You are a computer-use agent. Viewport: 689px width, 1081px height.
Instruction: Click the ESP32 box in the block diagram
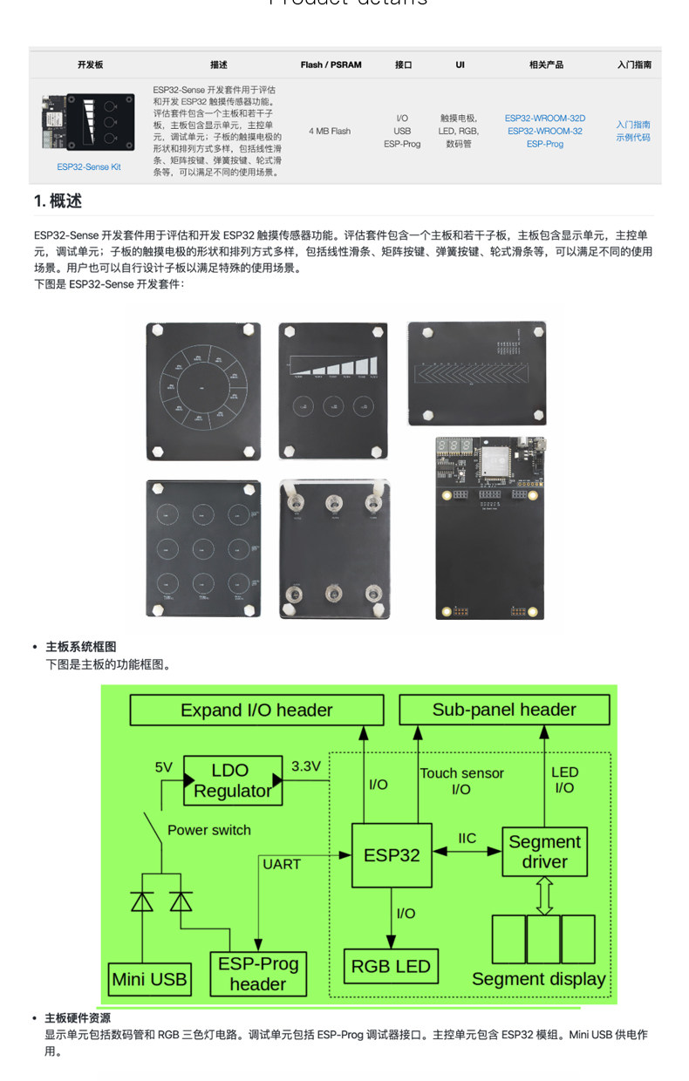[392, 854]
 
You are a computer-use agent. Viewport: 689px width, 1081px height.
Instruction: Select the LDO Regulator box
[231, 780]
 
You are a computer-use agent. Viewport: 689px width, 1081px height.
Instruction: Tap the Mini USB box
[149, 979]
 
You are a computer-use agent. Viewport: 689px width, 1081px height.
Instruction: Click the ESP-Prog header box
[258, 974]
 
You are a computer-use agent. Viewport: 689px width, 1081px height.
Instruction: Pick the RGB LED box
[390, 966]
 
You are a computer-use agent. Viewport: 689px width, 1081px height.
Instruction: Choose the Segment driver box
[544, 852]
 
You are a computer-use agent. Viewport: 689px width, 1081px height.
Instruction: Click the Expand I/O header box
[256, 710]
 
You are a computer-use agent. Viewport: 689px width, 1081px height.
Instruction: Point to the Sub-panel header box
[504, 710]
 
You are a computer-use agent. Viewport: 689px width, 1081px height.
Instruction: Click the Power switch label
[209, 830]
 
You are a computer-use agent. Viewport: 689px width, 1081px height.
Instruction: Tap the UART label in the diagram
[281, 864]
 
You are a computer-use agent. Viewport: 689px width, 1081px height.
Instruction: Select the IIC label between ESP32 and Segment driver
[467, 839]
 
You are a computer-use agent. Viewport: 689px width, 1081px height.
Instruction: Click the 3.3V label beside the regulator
[306, 766]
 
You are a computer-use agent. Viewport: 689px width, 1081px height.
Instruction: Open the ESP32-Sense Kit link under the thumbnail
[89, 167]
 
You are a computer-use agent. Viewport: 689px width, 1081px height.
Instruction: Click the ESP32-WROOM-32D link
[545, 118]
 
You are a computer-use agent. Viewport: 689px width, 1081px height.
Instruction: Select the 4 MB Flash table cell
[330, 131]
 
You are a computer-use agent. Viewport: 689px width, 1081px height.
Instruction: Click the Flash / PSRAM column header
[331, 65]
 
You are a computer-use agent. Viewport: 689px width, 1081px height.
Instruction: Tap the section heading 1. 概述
[58, 201]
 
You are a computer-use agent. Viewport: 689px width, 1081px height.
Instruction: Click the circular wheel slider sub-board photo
[203, 391]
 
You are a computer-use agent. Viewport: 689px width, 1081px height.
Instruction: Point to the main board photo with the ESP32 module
[490, 528]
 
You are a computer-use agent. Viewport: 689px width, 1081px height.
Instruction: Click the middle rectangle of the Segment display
[543, 939]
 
